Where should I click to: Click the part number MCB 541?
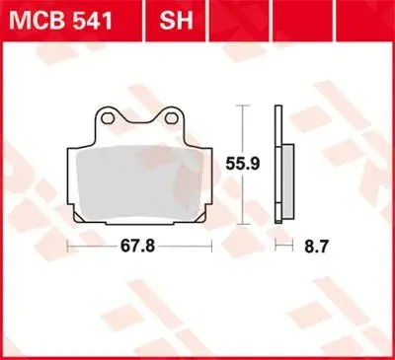tap(60, 21)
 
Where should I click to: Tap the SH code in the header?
tap(176, 21)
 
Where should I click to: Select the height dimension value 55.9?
tap(243, 164)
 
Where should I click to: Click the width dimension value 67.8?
tap(137, 246)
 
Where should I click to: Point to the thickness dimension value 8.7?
tap(316, 246)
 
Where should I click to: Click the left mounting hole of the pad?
tap(108, 118)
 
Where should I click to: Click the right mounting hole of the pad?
tap(171, 118)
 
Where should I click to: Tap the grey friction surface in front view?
tap(139, 182)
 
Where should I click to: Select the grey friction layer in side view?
tap(288, 181)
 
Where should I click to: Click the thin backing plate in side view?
tap(278, 165)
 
